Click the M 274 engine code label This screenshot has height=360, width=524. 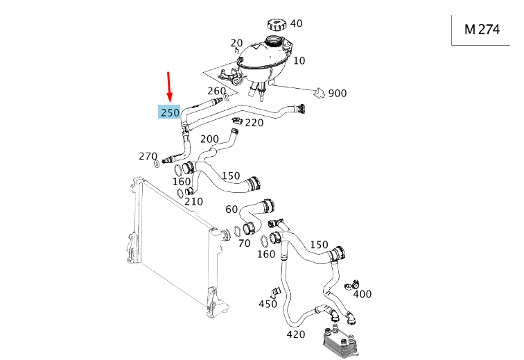tap(482, 30)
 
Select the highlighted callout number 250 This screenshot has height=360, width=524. tap(170, 112)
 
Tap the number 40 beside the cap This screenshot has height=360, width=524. tap(296, 24)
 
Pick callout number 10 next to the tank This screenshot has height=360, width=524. tap(299, 61)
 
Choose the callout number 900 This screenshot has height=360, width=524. tap(338, 94)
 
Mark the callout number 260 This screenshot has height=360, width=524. tap(216, 91)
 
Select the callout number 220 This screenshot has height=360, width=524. tap(254, 123)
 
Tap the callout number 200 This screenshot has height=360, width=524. tap(209, 139)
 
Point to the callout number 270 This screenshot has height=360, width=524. tap(148, 157)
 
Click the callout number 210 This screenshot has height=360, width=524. tap(193, 202)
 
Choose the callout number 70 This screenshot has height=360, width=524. tap(244, 243)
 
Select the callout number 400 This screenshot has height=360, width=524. tap(362, 294)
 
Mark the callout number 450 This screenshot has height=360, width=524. tap(268, 304)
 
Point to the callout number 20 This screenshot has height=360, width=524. tap(236, 42)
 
